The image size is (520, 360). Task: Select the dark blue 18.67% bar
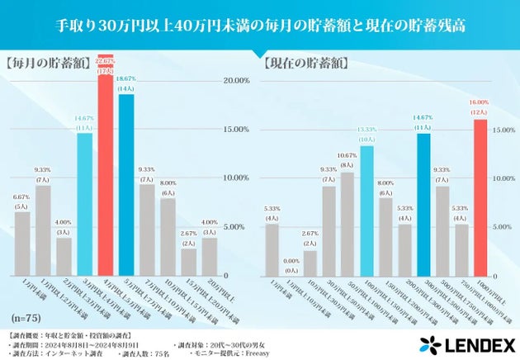click(x=126, y=186)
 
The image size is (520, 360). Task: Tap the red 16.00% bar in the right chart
click(x=480, y=198)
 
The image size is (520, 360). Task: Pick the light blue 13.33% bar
click(x=366, y=211)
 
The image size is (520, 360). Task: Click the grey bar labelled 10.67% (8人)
click(x=347, y=223)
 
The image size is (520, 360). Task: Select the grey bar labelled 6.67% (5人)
click(x=22, y=244)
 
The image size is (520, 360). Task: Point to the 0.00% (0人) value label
click(x=291, y=265)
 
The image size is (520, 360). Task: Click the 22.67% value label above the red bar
click(x=105, y=60)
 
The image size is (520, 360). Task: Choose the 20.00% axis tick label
click(x=236, y=80)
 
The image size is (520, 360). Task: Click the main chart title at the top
click(x=260, y=25)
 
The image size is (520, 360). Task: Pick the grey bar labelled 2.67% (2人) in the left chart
click(x=189, y=262)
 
